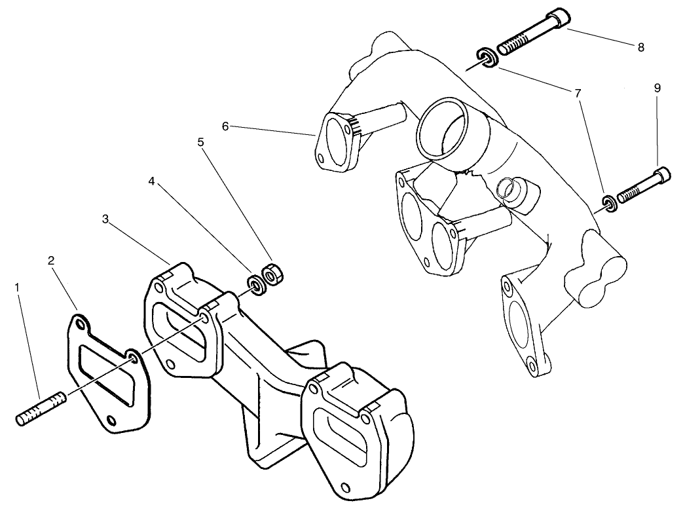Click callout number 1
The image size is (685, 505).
18,286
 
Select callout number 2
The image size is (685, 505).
50,260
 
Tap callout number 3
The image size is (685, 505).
105,219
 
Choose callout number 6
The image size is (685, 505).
225,126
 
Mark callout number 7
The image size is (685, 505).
578,94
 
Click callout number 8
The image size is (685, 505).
640,47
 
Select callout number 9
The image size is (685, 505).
657,88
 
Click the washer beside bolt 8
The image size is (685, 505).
486,58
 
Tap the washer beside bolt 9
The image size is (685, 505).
608,202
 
